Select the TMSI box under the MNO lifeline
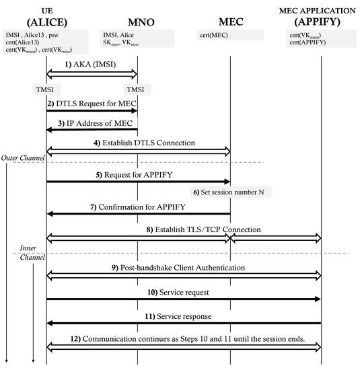pyautogui.click(x=138, y=88)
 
